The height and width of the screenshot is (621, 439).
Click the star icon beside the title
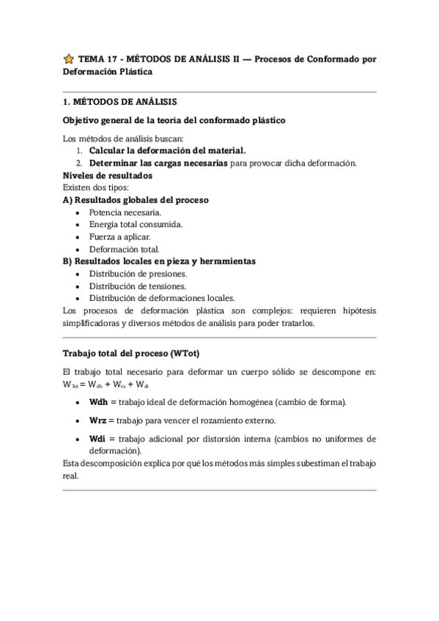pyautogui.click(x=68, y=59)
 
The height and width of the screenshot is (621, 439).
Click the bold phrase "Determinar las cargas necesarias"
pyautogui.click(x=158, y=163)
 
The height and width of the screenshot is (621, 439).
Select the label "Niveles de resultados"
pyautogui.click(x=107, y=176)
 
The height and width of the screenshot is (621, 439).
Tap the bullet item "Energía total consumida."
pyautogui.click(x=136, y=224)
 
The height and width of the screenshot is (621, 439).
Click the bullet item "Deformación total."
pyautogui.click(x=124, y=249)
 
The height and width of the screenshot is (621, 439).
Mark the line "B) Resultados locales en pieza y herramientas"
pyautogui.click(x=158, y=261)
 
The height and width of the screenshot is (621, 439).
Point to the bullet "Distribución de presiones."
pyautogui.click(x=137, y=273)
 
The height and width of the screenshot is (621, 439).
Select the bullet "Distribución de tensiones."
pyautogui.click(x=137, y=286)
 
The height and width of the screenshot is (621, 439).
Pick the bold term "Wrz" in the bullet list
pyautogui.click(x=98, y=420)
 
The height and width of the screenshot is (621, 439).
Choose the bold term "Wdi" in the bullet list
pyautogui.click(x=97, y=439)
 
